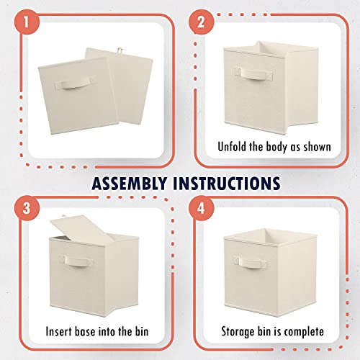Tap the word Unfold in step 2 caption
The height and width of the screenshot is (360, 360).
[x=234, y=147]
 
